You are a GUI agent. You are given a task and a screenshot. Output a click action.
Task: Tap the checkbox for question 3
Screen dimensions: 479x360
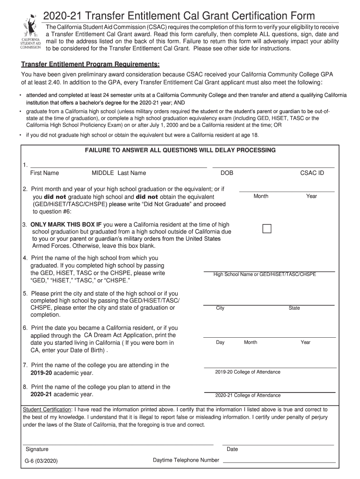coord(267,229)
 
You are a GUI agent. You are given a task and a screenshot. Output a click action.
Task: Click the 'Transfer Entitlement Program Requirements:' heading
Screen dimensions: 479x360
coord(90,64)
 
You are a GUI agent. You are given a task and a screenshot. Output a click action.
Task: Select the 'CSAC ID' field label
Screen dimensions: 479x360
coord(312,173)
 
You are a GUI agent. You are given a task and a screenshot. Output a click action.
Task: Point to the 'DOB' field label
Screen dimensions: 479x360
coord(227,173)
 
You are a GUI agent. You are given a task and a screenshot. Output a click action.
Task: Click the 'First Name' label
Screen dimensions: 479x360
coord(44,173)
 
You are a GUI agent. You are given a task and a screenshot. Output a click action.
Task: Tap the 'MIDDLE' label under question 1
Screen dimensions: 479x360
coord(103,173)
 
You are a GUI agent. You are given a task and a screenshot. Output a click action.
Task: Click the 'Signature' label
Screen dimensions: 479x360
coord(37,449)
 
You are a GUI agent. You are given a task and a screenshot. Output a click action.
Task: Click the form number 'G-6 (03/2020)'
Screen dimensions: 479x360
coord(42,461)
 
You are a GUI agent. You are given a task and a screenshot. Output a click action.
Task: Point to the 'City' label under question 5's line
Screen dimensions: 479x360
coord(220,308)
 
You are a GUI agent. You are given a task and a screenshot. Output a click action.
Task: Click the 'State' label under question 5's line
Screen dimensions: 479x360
coord(295,308)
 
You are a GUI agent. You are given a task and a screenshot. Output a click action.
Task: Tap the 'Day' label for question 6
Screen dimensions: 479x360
coord(220,342)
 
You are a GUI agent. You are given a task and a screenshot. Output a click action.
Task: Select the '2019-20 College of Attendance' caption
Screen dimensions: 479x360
coord(248,372)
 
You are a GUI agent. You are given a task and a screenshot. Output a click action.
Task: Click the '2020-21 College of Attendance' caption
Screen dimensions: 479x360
coord(248,395)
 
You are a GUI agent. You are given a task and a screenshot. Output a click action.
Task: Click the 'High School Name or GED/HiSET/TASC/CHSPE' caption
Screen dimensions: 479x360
coord(265,274)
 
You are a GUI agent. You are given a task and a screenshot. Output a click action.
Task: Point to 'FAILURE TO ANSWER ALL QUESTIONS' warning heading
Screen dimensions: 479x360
coord(180,150)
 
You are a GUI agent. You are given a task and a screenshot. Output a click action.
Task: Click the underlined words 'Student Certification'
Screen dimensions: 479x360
coord(48,409)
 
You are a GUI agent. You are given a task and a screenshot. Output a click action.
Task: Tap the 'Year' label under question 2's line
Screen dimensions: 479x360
coord(311,196)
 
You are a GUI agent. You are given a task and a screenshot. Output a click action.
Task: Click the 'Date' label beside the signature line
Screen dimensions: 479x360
coord(232,449)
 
